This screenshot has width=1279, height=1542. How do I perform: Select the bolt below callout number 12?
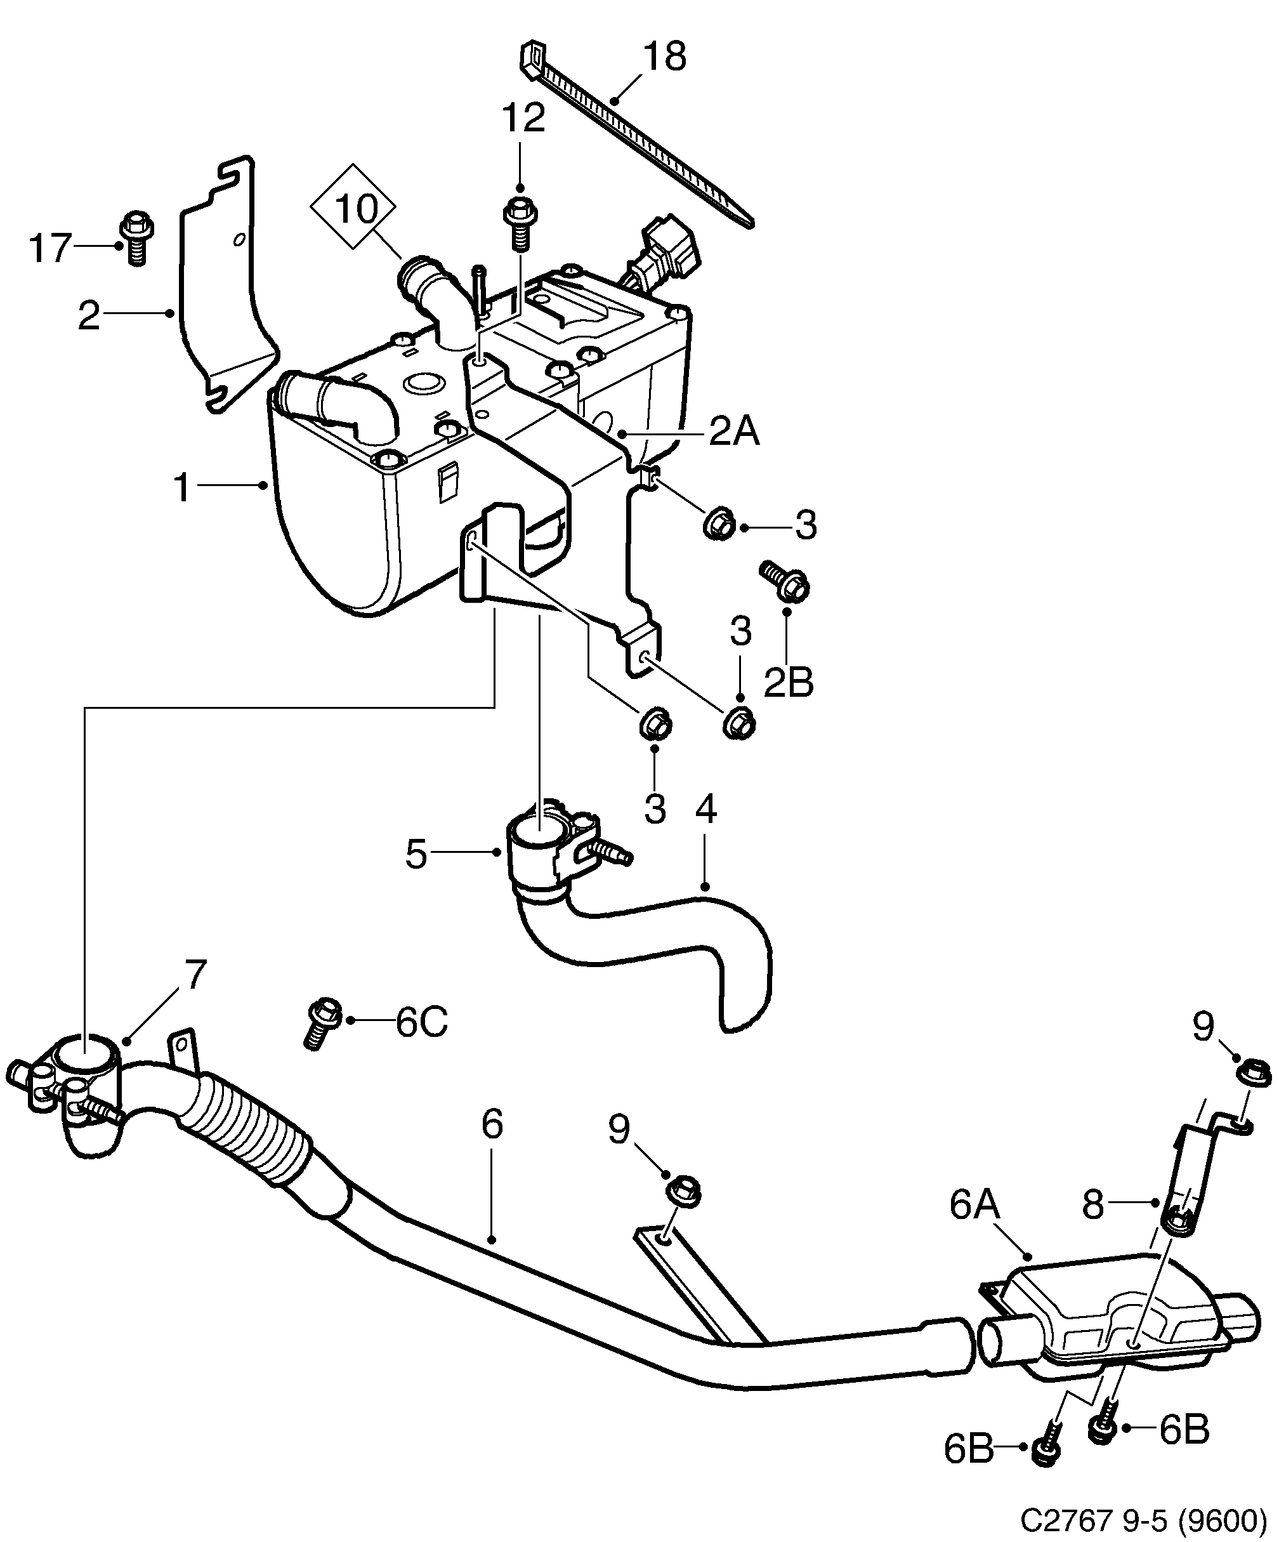click(520, 220)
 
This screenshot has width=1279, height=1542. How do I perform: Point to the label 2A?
click(733, 433)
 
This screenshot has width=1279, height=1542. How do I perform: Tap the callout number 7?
click(192, 975)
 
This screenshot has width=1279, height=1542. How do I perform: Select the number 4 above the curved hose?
click(705, 808)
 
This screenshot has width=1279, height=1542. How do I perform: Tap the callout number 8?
click(1092, 1204)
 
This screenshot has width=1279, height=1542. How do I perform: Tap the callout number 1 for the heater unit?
click(182, 487)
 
